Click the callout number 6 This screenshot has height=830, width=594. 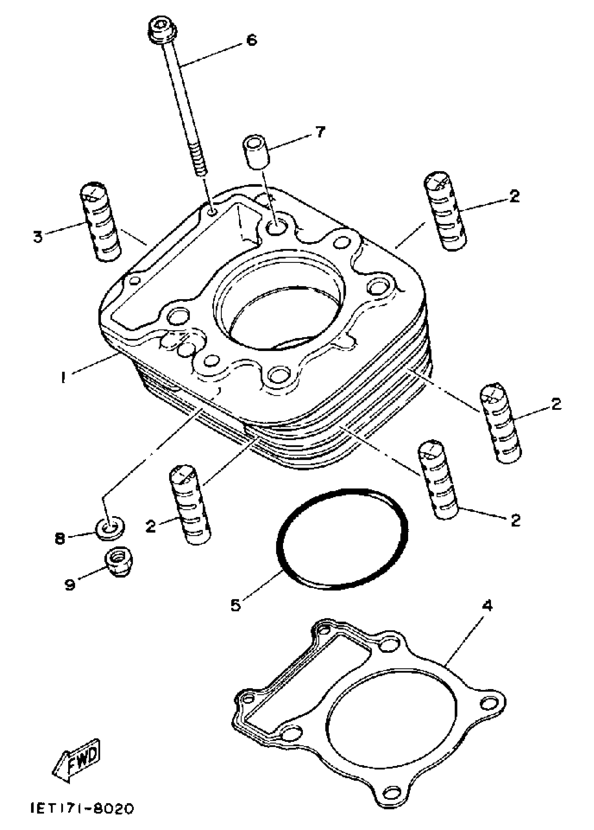pos(252,40)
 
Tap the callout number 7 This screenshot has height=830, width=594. pos(320,132)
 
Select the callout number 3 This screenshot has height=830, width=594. pos(38,237)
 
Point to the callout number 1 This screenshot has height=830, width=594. pos(64,377)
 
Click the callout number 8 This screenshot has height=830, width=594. pos(60,538)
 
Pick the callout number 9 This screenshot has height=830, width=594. pos(70,584)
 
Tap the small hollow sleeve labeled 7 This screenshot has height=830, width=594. pos(256,152)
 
